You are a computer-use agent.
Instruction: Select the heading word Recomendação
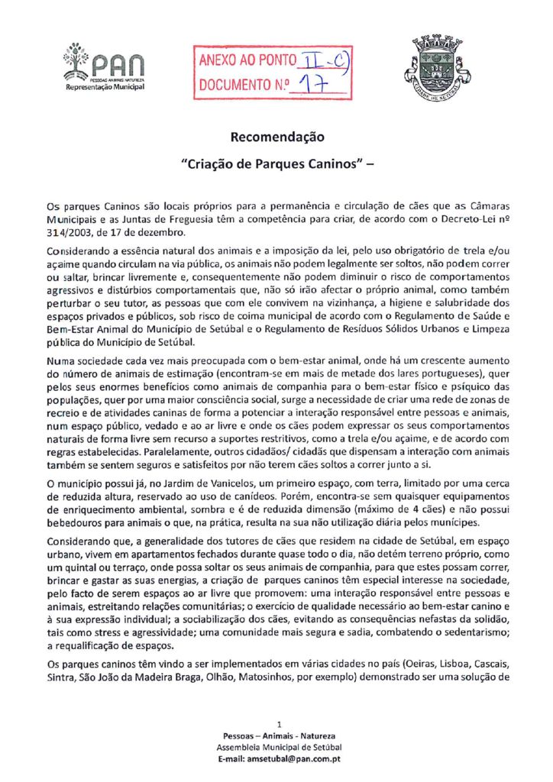[x=276, y=137]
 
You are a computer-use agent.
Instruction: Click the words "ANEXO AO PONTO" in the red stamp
[x=243, y=60]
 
